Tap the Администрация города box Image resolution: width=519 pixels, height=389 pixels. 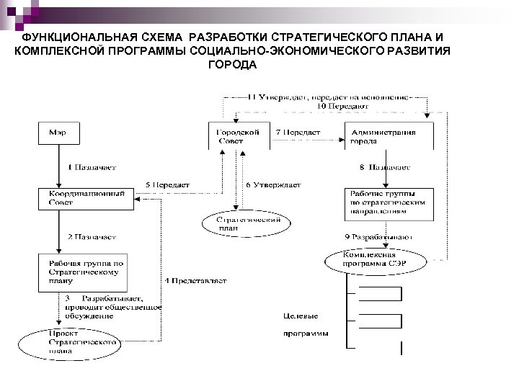[x=389, y=137]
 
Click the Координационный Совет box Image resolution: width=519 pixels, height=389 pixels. [x=86, y=198]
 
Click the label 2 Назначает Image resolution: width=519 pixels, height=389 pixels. [x=92, y=236]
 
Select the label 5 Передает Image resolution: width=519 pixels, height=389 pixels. [x=167, y=185]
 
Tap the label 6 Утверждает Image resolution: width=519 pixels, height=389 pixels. [x=274, y=185]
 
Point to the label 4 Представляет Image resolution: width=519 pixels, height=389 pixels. [x=195, y=280]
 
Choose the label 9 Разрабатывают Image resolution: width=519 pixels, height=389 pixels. [x=379, y=236]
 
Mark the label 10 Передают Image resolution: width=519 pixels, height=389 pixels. [x=343, y=106]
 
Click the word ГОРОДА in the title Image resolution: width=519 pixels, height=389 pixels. [x=232, y=64]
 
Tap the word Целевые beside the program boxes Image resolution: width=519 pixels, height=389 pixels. [x=301, y=316]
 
